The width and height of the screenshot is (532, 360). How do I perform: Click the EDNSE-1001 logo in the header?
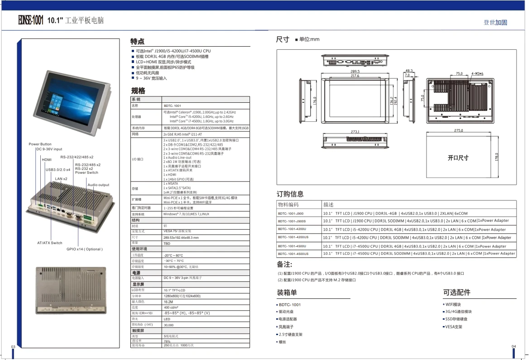[x=31, y=20]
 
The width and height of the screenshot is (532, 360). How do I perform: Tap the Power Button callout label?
[x=40, y=144]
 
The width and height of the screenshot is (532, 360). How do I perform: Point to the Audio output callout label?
[x=98, y=185]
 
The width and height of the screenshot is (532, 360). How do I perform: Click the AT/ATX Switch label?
[x=50, y=243]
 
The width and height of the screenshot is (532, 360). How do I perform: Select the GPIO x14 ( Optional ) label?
[x=85, y=249]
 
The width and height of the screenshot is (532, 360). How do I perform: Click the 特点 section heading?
[x=138, y=41]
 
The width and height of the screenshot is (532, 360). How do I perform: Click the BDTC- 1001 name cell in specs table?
[x=172, y=106]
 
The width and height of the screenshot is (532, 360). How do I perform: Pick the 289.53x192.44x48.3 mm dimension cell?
[x=181, y=237]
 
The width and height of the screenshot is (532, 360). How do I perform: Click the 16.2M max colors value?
[x=168, y=301]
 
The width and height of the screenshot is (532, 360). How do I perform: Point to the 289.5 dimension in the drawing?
[x=355, y=72]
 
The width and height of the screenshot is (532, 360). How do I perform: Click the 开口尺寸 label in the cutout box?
[x=458, y=158]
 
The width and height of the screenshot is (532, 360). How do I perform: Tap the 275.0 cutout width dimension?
[x=458, y=130]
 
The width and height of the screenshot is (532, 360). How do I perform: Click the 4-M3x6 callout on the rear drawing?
[x=477, y=73]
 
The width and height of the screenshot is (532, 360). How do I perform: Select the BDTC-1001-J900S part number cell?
[x=292, y=221]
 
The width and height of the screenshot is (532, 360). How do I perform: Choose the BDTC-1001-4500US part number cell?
[x=293, y=254]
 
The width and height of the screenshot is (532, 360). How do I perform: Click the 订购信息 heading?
[x=290, y=194]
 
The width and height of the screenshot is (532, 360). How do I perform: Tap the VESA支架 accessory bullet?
[x=454, y=326]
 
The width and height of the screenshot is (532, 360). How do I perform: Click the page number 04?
[x=514, y=346]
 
